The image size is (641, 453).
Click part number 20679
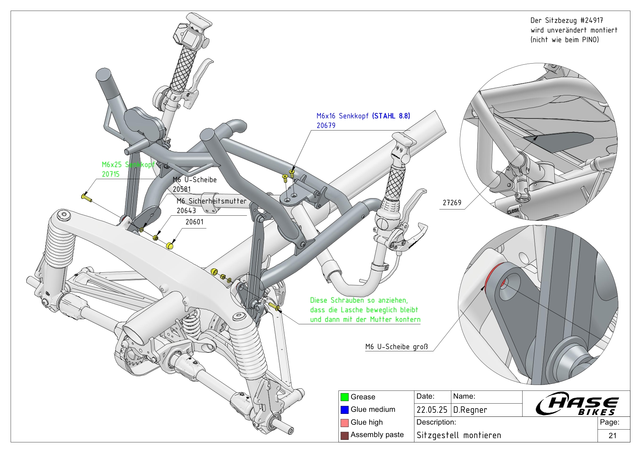pyautogui.click(x=326, y=125)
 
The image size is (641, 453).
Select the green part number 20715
pyautogui.click(x=110, y=174)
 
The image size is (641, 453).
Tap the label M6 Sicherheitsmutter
pyautogui.click(x=211, y=201)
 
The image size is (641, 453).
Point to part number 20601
pyautogui.click(x=194, y=222)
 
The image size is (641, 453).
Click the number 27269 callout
pyautogui.click(x=452, y=203)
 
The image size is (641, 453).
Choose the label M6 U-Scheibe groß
pyautogui.click(x=397, y=347)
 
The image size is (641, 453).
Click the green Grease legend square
pyautogui.click(x=344, y=397)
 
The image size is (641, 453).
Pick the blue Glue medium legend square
pyautogui.click(x=344, y=409)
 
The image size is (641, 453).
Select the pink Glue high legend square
pyautogui.click(x=344, y=422)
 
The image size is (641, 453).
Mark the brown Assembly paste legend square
pyautogui.click(x=344, y=435)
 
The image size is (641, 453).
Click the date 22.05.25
pyautogui.click(x=432, y=410)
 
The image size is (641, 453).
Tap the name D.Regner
pyautogui.click(x=470, y=410)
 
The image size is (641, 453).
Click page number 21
pyautogui.click(x=612, y=435)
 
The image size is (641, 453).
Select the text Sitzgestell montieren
pyautogui.click(x=459, y=435)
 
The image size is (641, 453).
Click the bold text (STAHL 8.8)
pyautogui.click(x=391, y=116)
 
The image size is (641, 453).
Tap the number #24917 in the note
pyautogui.click(x=591, y=20)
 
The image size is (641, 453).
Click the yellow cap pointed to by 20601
pyautogui.click(x=170, y=245)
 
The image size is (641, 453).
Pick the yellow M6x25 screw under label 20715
pyautogui.click(x=86, y=197)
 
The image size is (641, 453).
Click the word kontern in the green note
pyautogui.click(x=408, y=319)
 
